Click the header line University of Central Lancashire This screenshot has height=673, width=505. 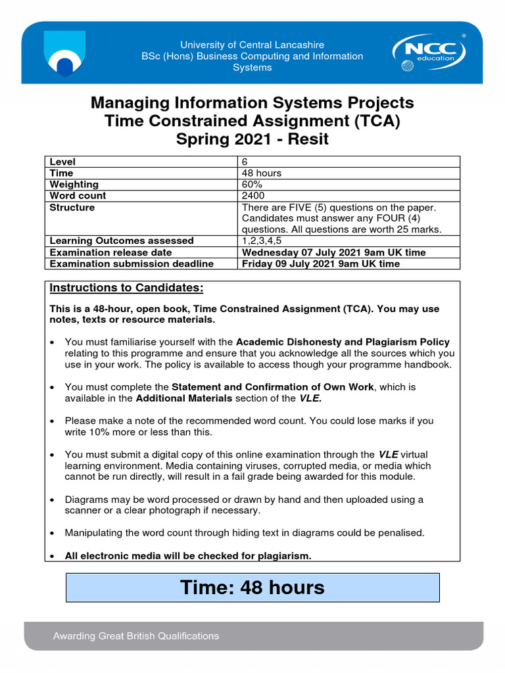tap(252, 45)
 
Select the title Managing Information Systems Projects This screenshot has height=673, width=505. tap(252, 103)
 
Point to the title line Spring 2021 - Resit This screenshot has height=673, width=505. tap(252, 139)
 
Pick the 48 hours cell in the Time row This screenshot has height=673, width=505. tap(262, 173)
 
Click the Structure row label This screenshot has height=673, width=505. tap(72, 208)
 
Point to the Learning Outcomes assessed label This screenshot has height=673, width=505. tap(122, 241)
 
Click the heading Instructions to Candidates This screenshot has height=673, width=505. tap(127, 289)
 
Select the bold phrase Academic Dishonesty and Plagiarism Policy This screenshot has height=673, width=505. tap(343, 342)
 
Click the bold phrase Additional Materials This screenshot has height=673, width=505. tap(184, 398)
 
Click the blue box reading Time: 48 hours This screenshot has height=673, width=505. tap(252, 587)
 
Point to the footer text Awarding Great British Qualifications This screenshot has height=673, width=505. tap(136, 636)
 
